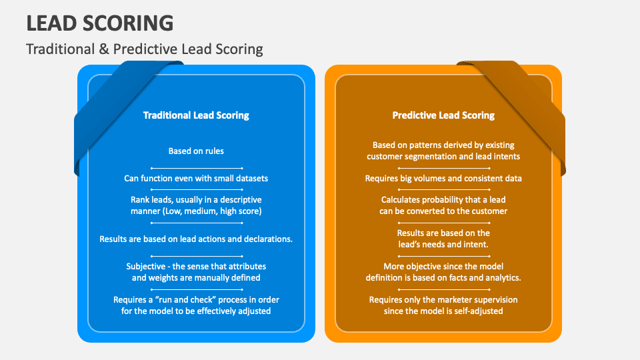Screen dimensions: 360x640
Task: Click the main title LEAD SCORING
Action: tap(100, 23)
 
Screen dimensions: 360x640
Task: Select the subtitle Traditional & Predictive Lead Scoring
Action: tap(145, 49)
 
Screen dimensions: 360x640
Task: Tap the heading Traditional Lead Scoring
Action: tap(196, 115)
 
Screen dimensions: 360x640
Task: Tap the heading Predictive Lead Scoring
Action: tap(443, 115)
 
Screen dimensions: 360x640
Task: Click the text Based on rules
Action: tap(196, 151)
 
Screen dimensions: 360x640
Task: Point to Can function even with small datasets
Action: tap(196, 178)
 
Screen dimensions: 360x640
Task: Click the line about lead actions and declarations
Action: tap(196, 239)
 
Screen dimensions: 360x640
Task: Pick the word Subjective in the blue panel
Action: tap(147, 267)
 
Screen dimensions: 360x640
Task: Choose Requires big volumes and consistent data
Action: tap(443, 178)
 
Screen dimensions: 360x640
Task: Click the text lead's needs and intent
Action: tap(443, 245)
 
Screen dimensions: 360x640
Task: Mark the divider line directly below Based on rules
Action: tap(196, 167)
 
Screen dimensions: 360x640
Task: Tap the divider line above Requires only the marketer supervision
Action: tap(443, 289)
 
